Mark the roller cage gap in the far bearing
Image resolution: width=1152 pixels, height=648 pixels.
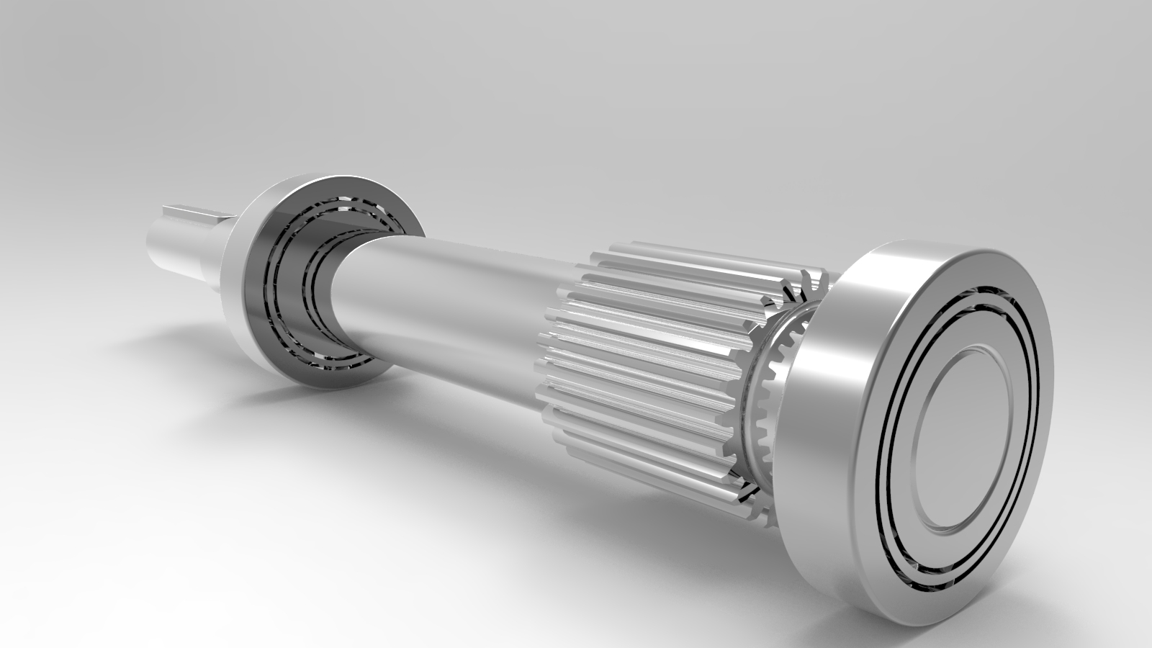pos(284,288)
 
